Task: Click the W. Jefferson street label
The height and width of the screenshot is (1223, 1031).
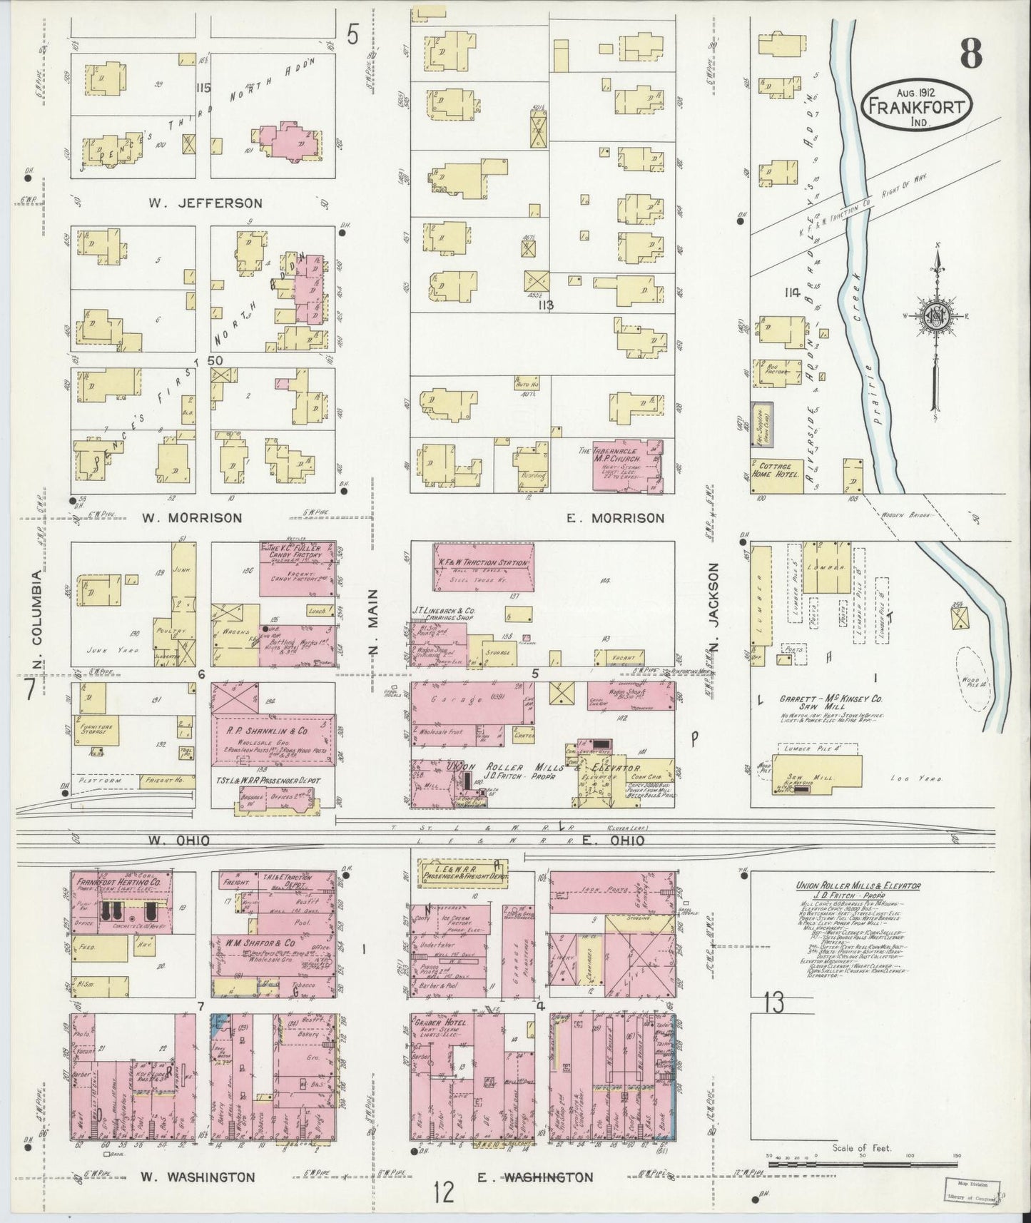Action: (x=205, y=203)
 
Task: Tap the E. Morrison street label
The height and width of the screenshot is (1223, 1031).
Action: (x=614, y=518)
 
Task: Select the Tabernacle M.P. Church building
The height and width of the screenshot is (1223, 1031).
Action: (x=629, y=466)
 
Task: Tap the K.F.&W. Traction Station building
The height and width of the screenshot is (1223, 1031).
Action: (x=483, y=563)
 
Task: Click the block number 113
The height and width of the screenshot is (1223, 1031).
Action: (x=547, y=306)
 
